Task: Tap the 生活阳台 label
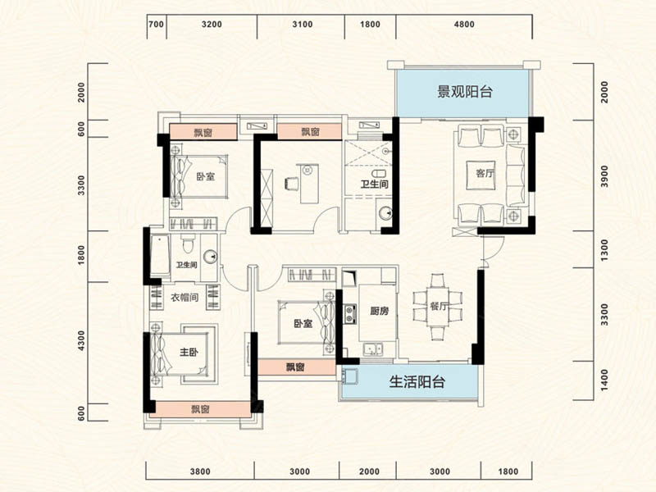(417, 381)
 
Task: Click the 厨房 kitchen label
(379, 312)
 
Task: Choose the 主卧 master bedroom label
(189, 353)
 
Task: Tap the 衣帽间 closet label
(184, 298)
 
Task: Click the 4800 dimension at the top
(464, 25)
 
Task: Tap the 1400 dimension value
(604, 378)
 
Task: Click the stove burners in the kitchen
(350, 312)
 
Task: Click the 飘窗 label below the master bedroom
(200, 409)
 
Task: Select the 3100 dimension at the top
(302, 25)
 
